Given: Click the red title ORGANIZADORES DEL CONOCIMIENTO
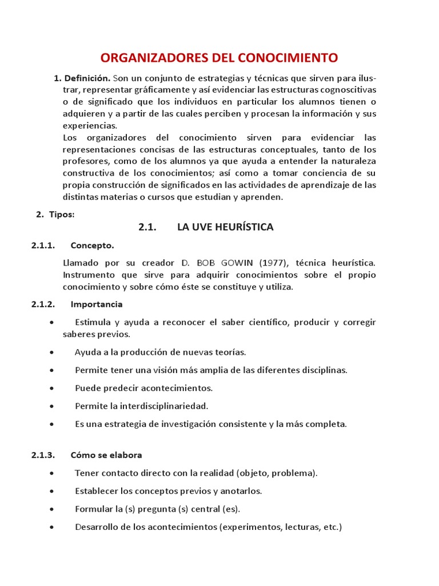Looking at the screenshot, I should click(x=219, y=58).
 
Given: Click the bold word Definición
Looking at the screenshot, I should click(x=87, y=78).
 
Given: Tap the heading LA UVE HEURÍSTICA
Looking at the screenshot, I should click(x=225, y=227).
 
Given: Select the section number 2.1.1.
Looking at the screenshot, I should click(x=43, y=246).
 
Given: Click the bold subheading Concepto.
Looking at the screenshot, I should click(x=92, y=246).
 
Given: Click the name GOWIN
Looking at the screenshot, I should click(x=236, y=263).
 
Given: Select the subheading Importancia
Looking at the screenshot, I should click(x=96, y=304).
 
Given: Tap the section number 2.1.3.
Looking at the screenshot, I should click(x=43, y=455).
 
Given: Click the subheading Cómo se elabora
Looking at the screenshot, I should click(x=106, y=455).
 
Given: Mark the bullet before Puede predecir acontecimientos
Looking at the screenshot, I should click(x=53, y=388).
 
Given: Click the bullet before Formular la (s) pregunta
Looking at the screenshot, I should click(x=53, y=509).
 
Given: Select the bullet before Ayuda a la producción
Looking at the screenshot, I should click(x=53, y=352).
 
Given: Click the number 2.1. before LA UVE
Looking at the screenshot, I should click(x=147, y=227).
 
